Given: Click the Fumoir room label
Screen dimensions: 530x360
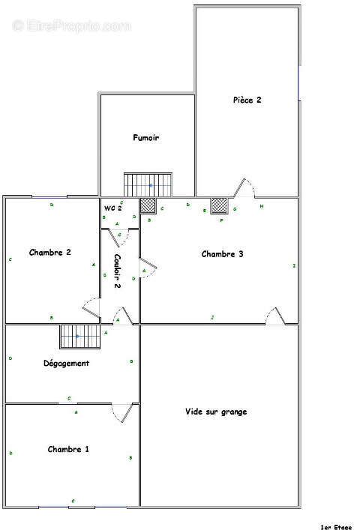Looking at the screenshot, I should click(x=145, y=138).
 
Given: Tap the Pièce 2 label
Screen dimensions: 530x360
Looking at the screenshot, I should click(x=247, y=100).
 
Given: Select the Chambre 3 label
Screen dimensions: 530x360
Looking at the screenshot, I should click(x=222, y=254).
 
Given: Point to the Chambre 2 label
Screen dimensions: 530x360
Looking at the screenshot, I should click(x=50, y=253).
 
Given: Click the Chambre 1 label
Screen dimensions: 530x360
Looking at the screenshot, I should click(x=68, y=449).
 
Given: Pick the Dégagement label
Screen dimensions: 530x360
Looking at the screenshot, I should click(x=66, y=363).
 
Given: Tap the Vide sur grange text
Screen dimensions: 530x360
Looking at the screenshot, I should click(x=216, y=412).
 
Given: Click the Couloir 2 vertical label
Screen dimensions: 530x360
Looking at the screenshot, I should click(x=118, y=271).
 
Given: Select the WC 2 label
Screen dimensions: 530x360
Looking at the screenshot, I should click(x=112, y=208).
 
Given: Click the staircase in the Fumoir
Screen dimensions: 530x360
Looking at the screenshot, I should click(x=148, y=184).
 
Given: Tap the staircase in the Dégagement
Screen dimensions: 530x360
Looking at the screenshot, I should click(x=79, y=337).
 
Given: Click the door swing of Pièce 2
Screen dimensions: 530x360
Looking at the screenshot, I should click(x=245, y=187).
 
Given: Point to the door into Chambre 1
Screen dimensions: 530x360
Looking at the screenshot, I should click(x=122, y=412).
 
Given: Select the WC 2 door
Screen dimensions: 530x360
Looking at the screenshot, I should click(x=122, y=237).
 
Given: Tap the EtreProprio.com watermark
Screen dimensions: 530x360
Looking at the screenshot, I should click(x=71, y=25).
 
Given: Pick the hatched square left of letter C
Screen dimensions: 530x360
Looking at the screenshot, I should click(x=148, y=205).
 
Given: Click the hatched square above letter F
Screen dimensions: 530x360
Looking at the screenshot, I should click(x=219, y=205).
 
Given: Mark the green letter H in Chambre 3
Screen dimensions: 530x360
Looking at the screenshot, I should click(x=262, y=206).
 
